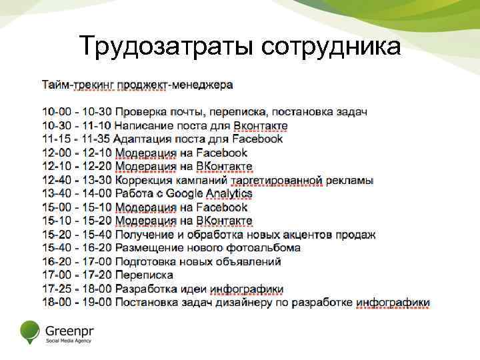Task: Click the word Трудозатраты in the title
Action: point(167,47)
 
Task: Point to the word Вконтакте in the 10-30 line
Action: point(251,125)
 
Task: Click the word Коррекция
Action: point(144,180)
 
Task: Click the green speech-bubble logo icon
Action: point(30,331)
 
